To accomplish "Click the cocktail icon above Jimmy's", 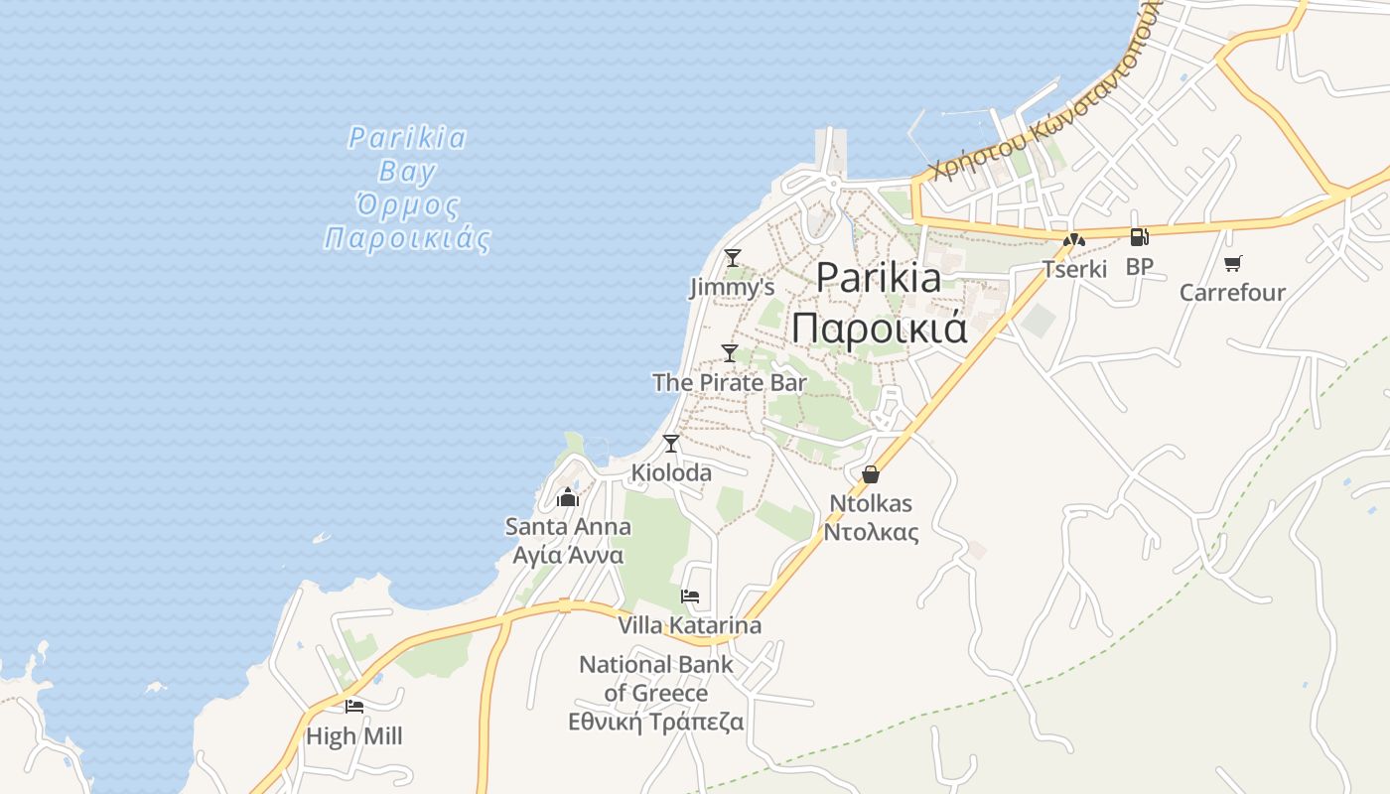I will [733, 258].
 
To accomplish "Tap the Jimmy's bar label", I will [732, 288].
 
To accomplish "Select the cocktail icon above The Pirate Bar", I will [730, 352].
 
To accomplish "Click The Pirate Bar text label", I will [730, 382].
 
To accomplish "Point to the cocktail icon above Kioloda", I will [671, 443].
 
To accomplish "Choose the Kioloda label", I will [671, 472].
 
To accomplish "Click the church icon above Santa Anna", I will [568, 496].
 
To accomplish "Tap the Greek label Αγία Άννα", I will [568, 555].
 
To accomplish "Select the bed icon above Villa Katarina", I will [690, 596].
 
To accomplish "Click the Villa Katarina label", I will [690, 625].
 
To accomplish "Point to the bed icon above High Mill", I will [354, 707].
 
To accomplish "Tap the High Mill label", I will [354, 736].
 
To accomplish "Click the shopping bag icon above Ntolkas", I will [871, 474].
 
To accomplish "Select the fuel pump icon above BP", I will [1140, 237].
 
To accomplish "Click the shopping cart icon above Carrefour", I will [1233, 263].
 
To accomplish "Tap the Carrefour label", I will [1232, 293].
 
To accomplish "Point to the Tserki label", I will [1074, 269].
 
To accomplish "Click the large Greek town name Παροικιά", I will [880, 328].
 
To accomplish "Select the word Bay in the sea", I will [407, 172].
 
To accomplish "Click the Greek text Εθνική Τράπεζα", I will [655, 722].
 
